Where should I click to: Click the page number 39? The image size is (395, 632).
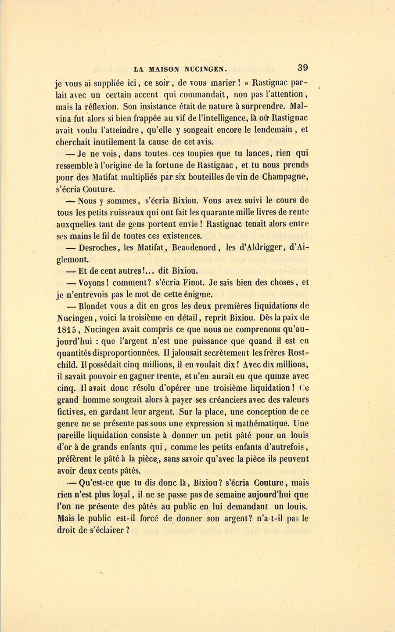click(x=302, y=68)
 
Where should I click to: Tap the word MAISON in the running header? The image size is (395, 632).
click(x=164, y=69)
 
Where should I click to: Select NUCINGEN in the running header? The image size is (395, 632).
click(x=205, y=69)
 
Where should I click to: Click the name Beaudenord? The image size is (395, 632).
click(x=194, y=248)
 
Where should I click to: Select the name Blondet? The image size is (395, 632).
click(x=95, y=306)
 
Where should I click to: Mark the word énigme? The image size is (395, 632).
click(x=196, y=294)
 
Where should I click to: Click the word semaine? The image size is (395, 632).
click(x=213, y=494)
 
